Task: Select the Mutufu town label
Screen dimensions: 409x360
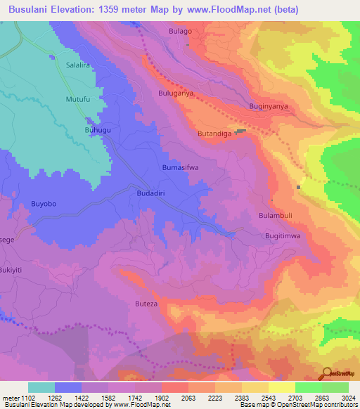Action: pyautogui.click(x=78, y=99)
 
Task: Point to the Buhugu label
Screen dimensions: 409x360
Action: pyautogui.click(x=98, y=130)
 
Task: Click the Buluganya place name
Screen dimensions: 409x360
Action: pyautogui.click(x=176, y=93)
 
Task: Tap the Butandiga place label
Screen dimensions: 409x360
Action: pyautogui.click(x=215, y=133)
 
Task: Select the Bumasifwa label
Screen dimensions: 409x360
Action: pyautogui.click(x=181, y=168)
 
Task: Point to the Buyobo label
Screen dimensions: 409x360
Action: pyautogui.click(x=43, y=204)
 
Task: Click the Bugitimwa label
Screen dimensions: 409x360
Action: pyautogui.click(x=283, y=236)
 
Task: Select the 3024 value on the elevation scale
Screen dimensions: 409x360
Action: pyautogui.click(x=340, y=397)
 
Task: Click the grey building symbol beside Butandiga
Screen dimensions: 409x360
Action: pyautogui.click(x=242, y=131)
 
